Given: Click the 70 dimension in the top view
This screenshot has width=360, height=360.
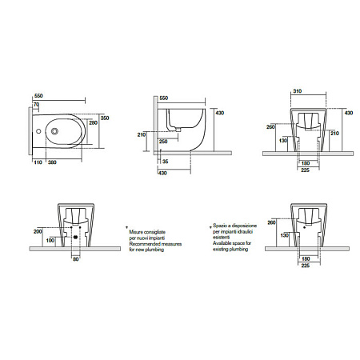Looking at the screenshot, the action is pyautogui.click(x=36, y=105).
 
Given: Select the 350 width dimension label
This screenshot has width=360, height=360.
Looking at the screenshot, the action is pyautogui.click(x=105, y=118).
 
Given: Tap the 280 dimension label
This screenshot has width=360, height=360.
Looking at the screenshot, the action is pyautogui.click(x=93, y=123).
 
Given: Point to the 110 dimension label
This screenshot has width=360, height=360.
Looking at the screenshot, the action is pyautogui.click(x=38, y=162).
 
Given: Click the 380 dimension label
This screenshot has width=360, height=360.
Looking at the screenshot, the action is pyautogui.click(x=52, y=162).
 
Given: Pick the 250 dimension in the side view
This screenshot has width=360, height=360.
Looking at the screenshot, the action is pyautogui.click(x=163, y=142).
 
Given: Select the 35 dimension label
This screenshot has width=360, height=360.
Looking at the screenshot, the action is pyautogui.click(x=166, y=162).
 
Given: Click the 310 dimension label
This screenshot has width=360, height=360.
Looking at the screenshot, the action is pyautogui.click(x=298, y=91).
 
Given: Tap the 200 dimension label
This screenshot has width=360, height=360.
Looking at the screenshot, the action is pyautogui.click(x=38, y=231).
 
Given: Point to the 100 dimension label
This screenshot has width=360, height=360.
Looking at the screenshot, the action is pyautogui.click(x=50, y=241).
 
